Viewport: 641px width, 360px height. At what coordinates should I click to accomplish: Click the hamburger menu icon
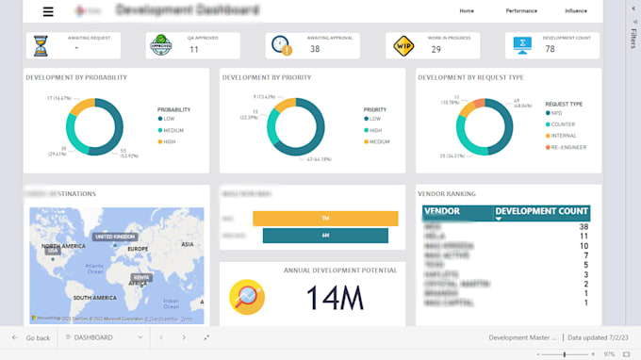[x=48, y=11]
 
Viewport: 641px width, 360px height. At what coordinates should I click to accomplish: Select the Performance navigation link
[x=521, y=11]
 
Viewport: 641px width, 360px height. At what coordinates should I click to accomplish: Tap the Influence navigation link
[x=575, y=11]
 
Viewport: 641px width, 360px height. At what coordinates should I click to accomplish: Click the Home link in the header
[x=467, y=11]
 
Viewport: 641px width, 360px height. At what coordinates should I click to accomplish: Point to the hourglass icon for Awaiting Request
[x=41, y=45]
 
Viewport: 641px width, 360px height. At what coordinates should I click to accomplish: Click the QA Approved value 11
[x=193, y=49]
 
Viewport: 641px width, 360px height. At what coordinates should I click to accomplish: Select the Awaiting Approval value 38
[x=314, y=49]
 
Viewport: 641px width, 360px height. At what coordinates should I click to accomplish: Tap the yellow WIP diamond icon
[x=403, y=45]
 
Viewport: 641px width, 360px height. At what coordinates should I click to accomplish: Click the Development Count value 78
[x=551, y=49]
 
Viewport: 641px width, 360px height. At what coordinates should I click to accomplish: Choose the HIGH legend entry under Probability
[x=170, y=141]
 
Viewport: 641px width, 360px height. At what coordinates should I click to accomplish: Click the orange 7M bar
[x=325, y=218]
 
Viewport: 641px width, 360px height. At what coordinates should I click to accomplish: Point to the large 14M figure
[x=335, y=298]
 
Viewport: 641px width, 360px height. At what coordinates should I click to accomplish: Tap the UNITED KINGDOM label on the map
[x=115, y=237]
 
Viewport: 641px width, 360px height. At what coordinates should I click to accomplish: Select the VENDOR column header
[x=442, y=212]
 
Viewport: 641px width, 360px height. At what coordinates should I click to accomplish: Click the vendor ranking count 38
[x=583, y=227]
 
